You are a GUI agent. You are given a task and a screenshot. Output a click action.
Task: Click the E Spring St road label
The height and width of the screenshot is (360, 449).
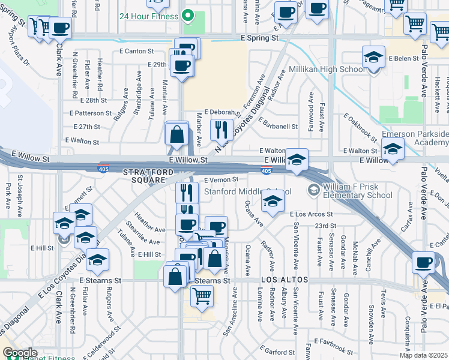click(259, 37)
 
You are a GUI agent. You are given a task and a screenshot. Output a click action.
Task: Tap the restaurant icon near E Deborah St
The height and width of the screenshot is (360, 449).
click(221, 128)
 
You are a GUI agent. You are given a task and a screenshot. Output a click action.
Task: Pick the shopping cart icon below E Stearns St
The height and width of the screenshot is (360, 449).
click(202, 295)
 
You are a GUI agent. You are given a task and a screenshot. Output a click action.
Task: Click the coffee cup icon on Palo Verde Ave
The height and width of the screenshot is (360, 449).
click(424, 262)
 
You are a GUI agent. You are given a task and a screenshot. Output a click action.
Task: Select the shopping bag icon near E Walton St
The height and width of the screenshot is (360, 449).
click(177, 134)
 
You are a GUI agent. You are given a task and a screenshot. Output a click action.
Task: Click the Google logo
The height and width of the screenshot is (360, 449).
click(20, 353)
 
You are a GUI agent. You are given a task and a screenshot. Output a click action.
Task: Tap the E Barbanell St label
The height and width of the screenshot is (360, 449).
click(278, 127)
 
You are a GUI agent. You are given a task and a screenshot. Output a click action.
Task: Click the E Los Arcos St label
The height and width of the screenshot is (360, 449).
click(311, 214)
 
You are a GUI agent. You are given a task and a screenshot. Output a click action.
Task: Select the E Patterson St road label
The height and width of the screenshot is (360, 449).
click(91, 113)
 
